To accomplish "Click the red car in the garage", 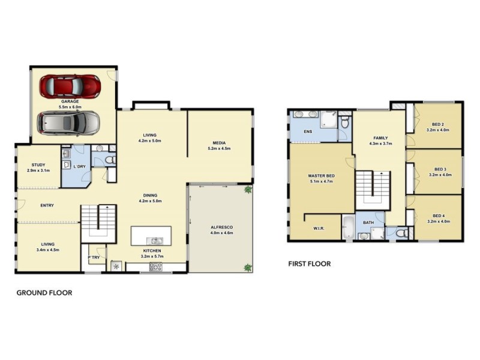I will [x=70, y=86].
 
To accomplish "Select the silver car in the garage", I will [x=70, y=124].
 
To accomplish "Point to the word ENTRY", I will [x=47, y=206].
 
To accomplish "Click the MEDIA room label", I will [x=219, y=142].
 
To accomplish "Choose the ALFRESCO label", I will [x=221, y=227].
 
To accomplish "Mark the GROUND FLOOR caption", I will [x=44, y=293].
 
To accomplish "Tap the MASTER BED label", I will [x=321, y=175].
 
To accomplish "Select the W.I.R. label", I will [x=319, y=227].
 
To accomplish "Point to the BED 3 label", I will [x=439, y=169].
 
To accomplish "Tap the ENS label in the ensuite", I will [x=308, y=131].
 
